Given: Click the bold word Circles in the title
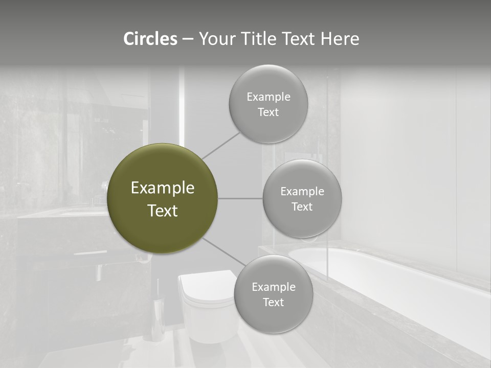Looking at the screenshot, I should point(150,39).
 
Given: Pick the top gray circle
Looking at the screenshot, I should point(268,123).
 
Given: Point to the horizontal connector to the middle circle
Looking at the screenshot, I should point(240,198).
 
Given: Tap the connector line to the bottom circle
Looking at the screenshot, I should point(224,251).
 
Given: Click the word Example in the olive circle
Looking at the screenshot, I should point(163,188).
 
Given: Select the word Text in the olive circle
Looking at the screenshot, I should point(163,211).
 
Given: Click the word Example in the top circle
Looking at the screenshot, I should point(268,97).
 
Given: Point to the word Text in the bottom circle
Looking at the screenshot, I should point(273,302).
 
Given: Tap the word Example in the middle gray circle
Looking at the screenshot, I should point(302,192).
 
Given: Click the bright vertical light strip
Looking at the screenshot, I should point(182,107).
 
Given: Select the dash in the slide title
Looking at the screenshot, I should point(188,39).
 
